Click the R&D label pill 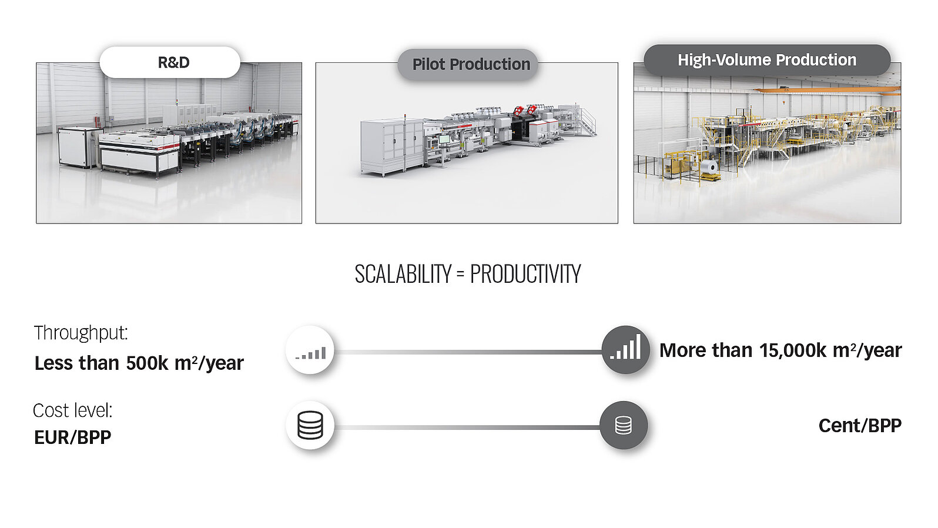click(x=170, y=62)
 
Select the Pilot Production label click(x=468, y=65)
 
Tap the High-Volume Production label click(x=767, y=60)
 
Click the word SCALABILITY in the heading click(x=403, y=274)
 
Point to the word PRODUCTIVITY click(x=525, y=274)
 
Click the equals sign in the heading click(x=460, y=275)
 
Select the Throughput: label click(x=81, y=333)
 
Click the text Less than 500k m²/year click(x=139, y=363)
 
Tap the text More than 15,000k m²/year click(x=780, y=350)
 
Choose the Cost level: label click(x=73, y=410)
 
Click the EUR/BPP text click(x=72, y=437)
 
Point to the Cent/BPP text click(x=860, y=426)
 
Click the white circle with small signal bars click(x=310, y=350)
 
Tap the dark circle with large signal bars click(x=625, y=349)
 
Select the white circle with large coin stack click(x=310, y=425)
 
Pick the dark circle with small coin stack click(x=624, y=425)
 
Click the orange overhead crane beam click(x=827, y=90)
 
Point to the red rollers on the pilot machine click(x=525, y=110)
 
